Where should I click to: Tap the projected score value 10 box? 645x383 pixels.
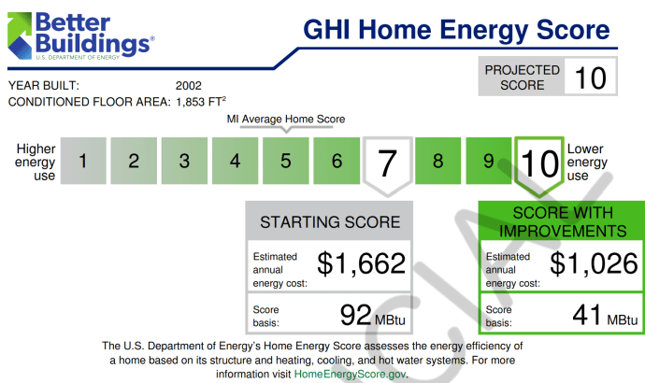591,78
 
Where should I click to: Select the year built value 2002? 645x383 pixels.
189,86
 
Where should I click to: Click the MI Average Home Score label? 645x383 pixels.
286,120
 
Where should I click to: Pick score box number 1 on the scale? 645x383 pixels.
84,161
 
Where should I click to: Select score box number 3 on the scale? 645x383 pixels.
185,161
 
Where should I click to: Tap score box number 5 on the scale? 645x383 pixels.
286,161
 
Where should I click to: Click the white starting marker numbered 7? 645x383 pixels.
387,163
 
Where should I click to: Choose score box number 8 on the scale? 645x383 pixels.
437,161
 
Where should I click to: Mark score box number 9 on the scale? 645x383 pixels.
488,161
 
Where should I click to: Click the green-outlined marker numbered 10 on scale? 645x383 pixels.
539,163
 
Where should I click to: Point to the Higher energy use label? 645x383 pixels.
36,162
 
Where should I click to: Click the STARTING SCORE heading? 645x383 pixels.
329,222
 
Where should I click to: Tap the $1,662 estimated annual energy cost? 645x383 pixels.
361,264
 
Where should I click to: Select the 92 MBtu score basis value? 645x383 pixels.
366,314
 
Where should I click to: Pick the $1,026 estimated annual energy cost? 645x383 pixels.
594,264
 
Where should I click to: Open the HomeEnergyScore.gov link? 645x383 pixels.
350,373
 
